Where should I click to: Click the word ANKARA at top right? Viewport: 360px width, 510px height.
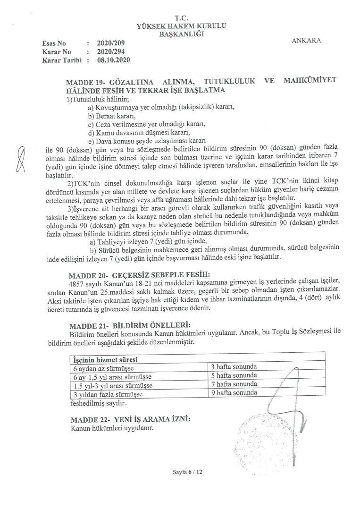(x=306, y=40)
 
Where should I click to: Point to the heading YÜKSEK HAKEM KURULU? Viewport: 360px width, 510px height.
(x=181, y=26)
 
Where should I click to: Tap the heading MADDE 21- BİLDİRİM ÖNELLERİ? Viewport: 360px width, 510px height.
(x=130, y=325)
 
